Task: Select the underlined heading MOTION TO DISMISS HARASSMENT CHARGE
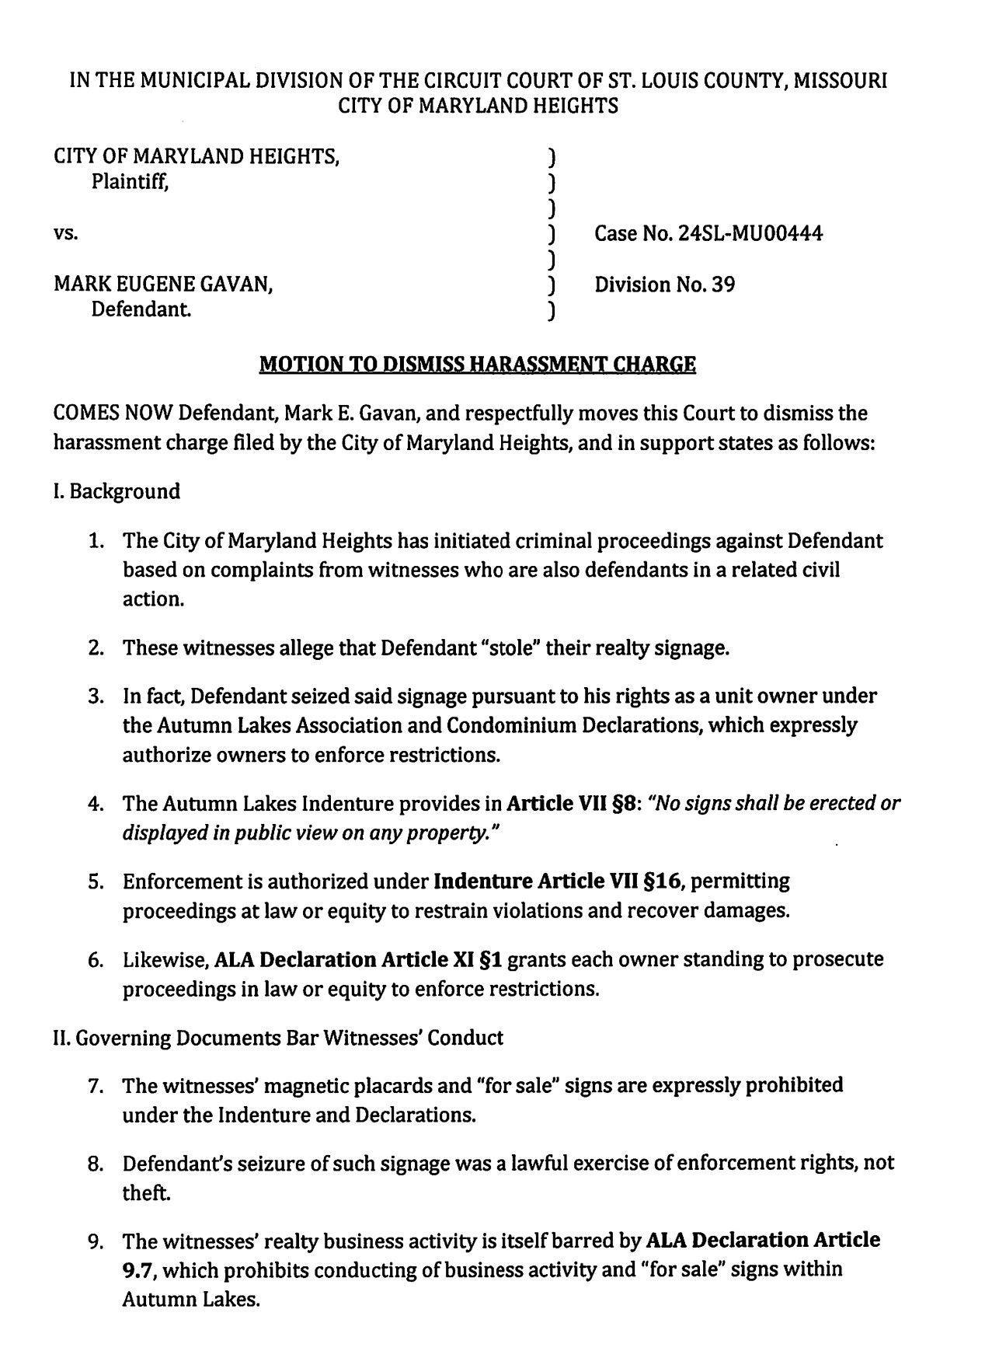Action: coord(477,364)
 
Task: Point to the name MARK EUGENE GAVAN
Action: coord(162,285)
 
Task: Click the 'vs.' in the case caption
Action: coord(65,233)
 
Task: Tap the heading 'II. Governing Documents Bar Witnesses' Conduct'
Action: coord(278,1038)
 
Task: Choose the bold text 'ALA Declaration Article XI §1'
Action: coord(358,960)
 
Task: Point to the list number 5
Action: coord(96,882)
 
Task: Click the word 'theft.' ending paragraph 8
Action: coord(146,1193)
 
